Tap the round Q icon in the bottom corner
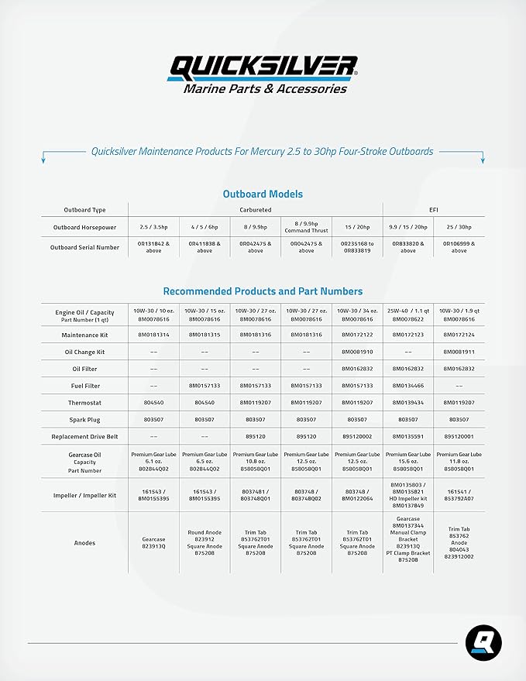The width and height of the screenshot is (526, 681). coord(483,644)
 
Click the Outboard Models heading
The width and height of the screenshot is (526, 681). coord(263,194)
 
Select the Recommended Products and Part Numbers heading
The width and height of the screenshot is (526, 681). coord(263,291)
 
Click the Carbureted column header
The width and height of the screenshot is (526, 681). coord(256,209)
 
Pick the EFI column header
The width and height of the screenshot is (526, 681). coord(434,209)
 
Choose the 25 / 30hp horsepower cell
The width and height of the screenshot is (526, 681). coord(459,227)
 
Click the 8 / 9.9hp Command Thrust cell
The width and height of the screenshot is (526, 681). coord(307,227)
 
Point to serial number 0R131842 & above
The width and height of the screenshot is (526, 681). coord(153,247)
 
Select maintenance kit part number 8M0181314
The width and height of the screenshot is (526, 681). coord(153,335)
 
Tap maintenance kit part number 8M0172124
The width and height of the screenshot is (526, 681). coord(459,335)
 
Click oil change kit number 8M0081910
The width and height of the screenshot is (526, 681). coord(358,352)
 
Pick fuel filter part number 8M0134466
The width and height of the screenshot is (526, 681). coord(408,385)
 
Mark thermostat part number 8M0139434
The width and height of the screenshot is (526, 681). coord(408,403)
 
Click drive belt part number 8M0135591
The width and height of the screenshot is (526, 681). coord(408,436)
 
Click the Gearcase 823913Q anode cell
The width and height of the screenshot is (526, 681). coord(153,543)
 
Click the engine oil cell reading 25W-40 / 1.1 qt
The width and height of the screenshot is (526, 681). coord(408,313)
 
